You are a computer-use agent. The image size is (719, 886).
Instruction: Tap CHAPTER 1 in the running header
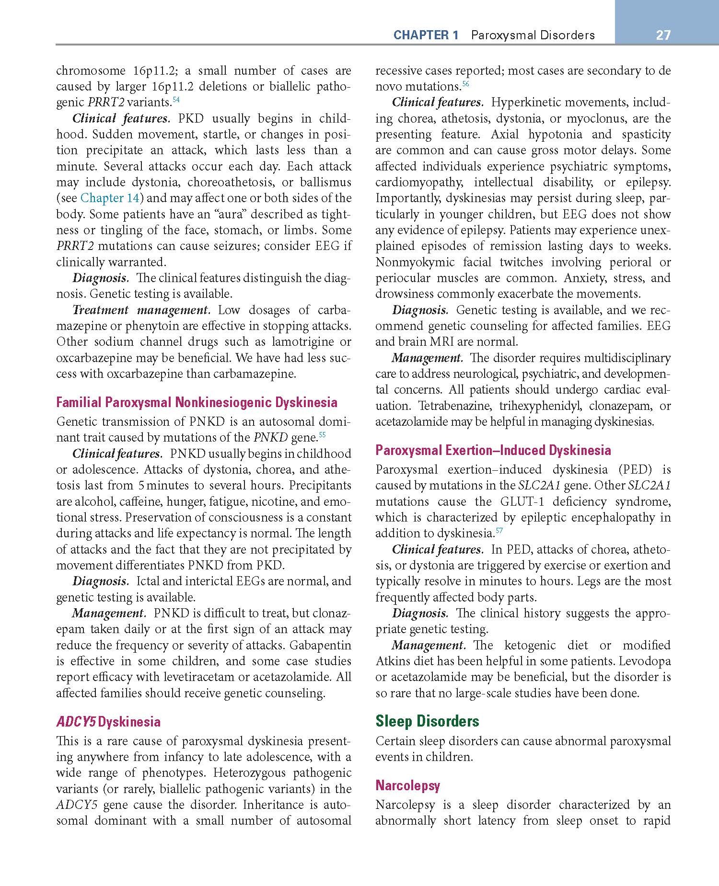(426, 35)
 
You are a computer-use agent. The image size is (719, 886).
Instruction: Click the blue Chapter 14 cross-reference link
(109, 198)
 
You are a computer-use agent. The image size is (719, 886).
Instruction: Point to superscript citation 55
(322, 435)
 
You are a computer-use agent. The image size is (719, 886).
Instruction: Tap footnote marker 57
(499, 531)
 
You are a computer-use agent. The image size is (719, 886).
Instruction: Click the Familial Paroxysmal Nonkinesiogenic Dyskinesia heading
(197, 402)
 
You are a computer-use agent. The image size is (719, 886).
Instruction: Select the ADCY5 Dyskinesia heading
(108, 722)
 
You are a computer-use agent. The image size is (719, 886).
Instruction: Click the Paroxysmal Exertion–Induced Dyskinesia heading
(493, 450)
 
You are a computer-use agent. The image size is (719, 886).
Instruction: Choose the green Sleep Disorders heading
(427, 721)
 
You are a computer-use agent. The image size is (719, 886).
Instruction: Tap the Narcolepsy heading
(407, 785)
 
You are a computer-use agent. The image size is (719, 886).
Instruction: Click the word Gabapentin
(320, 645)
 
